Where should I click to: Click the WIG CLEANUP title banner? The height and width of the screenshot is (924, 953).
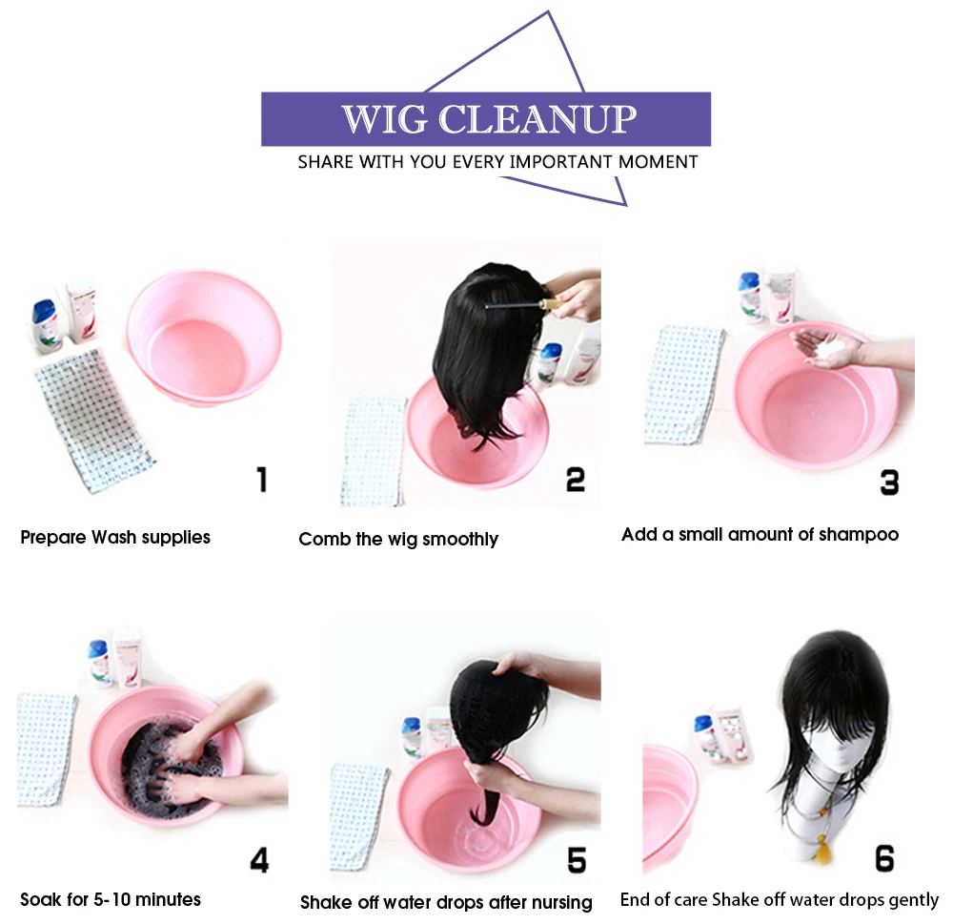pyautogui.click(x=486, y=118)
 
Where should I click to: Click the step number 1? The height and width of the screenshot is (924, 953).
pyautogui.click(x=262, y=480)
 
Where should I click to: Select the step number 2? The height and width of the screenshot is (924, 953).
pyautogui.click(x=575, y=480)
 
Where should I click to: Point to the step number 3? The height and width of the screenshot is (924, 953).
pyautogui.click(x=889, y=483)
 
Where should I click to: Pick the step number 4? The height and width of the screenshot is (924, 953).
pyautogui.click(x=259, y=860)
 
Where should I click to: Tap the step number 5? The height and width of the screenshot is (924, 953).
pyautogui.click(x=577, y=861)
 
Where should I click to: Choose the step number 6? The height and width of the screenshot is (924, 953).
pyautogui.click(x=884, y=858)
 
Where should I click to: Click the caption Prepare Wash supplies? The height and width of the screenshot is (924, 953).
pyautogui.click(x=115, y=538)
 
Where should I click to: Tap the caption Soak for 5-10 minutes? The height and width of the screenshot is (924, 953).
pyautogui.click(x=111, y=899)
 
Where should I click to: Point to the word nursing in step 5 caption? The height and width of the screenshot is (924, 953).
pyautogui.click(x=561, y=903)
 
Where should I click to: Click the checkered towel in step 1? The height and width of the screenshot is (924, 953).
pyautogui.click(x=93, y=420)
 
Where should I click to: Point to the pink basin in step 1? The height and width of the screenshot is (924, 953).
pyautogui.click(x=204, y=337)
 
